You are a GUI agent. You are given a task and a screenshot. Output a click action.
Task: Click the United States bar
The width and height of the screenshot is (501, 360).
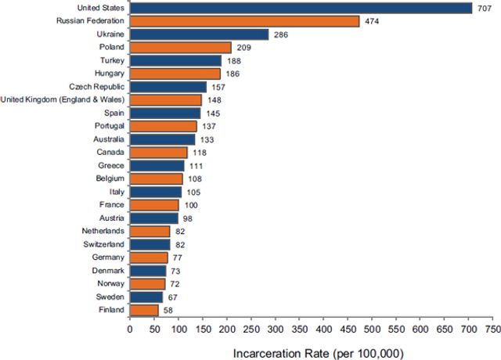pyautogui.click(x=301, y=8)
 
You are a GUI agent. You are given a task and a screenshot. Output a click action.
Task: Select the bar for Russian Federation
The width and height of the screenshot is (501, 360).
pyautogui.click(x=244, y=21)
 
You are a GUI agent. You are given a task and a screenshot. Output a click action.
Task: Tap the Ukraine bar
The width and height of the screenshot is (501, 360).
pyautogui.click(x=199, y=34)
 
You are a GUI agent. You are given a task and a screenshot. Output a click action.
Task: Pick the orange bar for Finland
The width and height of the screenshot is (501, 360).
pyautogui.click(x=144, y=310)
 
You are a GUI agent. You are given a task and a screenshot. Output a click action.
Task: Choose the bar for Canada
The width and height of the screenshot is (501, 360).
pyautogui.click(x=158, y=153)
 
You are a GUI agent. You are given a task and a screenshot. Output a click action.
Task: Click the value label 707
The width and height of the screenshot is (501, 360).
pyautogui.click(x=485, y=8)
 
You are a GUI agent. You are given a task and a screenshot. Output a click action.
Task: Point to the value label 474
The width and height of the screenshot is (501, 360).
pyautogui.click(x=371, y=21)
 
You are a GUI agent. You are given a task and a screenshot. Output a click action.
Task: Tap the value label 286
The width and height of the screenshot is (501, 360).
pyautogui.click(x=280, y=34)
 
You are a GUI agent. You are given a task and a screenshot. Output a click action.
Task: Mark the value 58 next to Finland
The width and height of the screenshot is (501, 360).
pyautogui.click(x=169, y=311)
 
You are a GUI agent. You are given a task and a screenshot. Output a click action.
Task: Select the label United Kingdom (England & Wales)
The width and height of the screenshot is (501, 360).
pyautogui.click(x=62, y=100)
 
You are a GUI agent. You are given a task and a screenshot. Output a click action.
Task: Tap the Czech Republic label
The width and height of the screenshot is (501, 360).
pyautogui.click(x=96, y=87)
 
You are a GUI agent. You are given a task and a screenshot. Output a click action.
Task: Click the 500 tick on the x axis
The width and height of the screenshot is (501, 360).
pyautogui.click(x=372, y=329)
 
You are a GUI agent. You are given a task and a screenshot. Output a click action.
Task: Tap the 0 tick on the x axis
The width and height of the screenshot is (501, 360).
pyautogui.click(x=130, y=329)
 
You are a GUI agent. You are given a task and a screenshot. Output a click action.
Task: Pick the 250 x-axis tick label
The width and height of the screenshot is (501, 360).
pyautogui.click(x=250, y=329)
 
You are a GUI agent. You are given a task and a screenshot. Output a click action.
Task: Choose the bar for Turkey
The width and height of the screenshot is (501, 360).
pyautogui.click(x=175, y=60)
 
